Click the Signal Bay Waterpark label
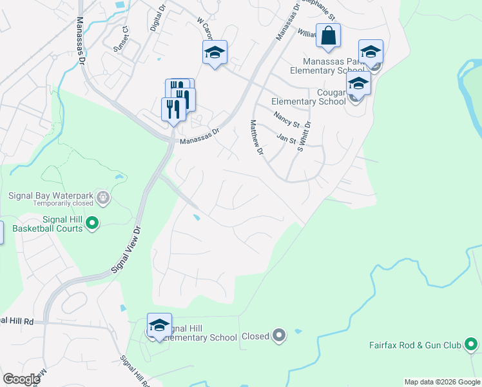[50, 195]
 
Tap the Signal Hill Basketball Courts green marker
[92, 224]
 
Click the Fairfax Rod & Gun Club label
[416, 346]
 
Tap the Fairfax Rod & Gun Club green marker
[472, 345]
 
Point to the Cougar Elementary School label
[309, 97]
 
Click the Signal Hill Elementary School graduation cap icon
[159, 325]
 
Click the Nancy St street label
[287, 119]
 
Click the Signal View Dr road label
[126, 251]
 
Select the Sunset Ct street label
[122, 38]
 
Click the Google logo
[21, 379]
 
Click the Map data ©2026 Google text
[441, 382]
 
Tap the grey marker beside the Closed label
[279, 335]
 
